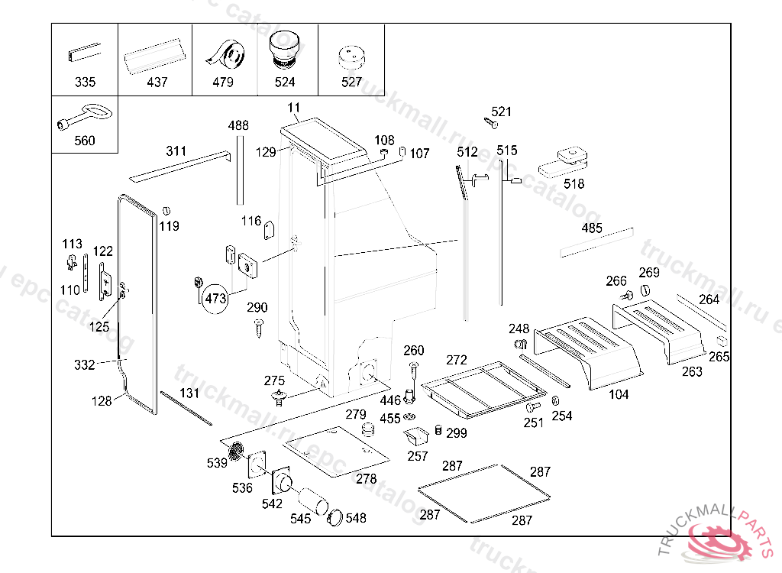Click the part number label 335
coord(85,83)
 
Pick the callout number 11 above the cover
coord(295,108)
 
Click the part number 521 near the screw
coord(502,112)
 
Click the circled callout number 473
coord(216,299)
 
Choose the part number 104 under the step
coord(619,395)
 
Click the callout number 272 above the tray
coord(457,360)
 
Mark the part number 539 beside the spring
coord(217,463)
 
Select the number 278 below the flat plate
coord(367,479)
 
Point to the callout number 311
coord(176,151)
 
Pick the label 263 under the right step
coord(692,372)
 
